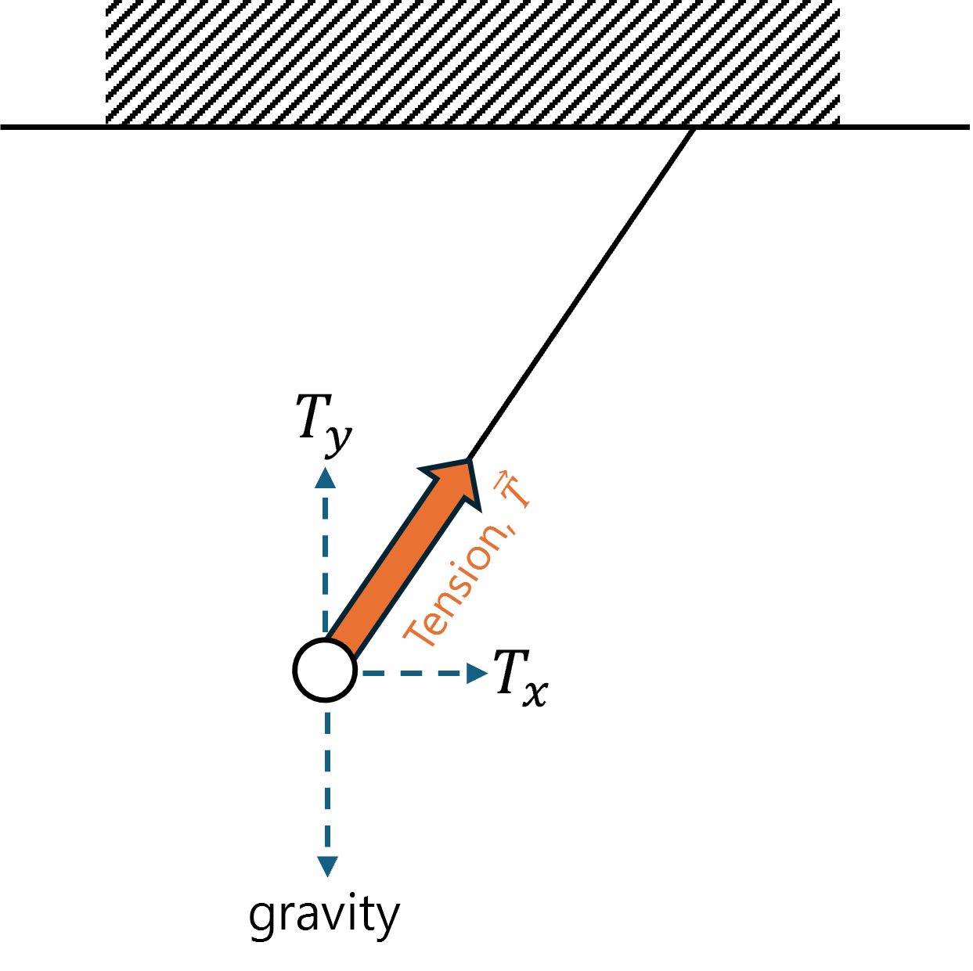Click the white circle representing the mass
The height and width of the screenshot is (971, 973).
325,670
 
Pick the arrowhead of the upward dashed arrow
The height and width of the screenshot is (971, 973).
325,478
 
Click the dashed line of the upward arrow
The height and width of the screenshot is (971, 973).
325,563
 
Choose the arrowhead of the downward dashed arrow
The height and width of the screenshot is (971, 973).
327,866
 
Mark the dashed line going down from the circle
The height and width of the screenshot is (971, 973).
327,782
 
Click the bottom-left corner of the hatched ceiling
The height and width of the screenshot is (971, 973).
106,123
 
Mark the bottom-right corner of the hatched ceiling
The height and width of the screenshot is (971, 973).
838,123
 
